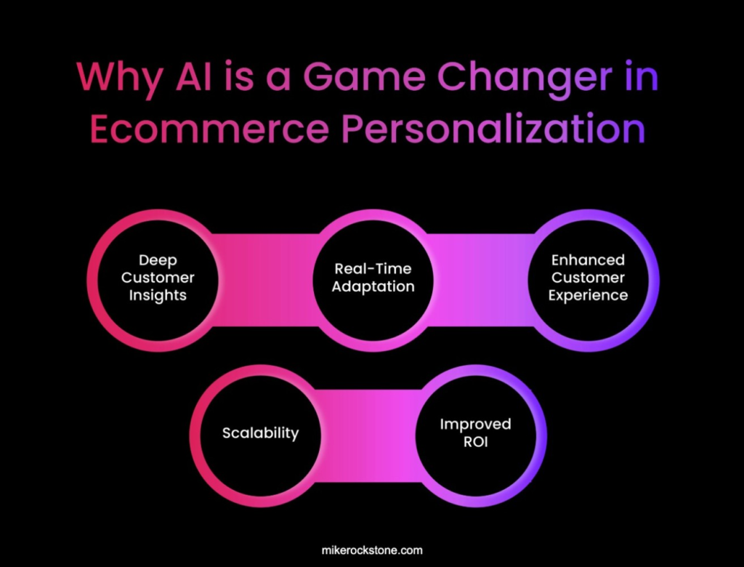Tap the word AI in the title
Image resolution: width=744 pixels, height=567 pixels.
(x=193, y=76)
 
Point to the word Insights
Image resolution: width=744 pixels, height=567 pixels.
(x=158, y=295)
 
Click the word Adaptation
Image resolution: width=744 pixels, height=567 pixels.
(x=373, y=287)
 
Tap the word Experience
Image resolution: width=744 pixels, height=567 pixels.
(x=589, y=295)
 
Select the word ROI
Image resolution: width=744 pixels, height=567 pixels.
(x=476, y=442)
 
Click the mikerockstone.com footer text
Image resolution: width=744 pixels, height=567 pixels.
(x=372, y=550)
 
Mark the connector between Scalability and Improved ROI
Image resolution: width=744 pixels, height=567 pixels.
(x=368, y=436)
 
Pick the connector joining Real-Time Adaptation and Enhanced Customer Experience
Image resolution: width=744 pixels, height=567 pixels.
(x=481, y=280)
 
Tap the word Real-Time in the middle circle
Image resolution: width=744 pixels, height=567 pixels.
(x=373, y=269)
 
